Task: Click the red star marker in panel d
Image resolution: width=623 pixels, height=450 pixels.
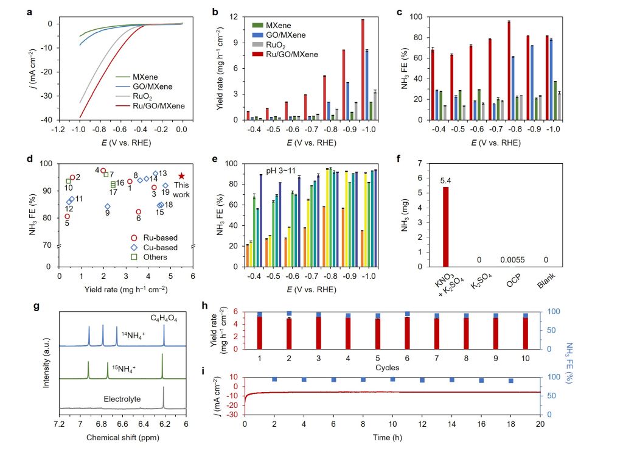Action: click(181, 176)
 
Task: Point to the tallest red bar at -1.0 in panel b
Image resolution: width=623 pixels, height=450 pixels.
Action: click(363, 69)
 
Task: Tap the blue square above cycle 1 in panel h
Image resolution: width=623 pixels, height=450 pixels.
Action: click(260, 314)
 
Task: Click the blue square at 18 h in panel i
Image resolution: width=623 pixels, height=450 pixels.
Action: click(510, 381)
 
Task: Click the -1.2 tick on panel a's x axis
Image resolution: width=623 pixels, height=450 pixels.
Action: click(59, 130)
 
